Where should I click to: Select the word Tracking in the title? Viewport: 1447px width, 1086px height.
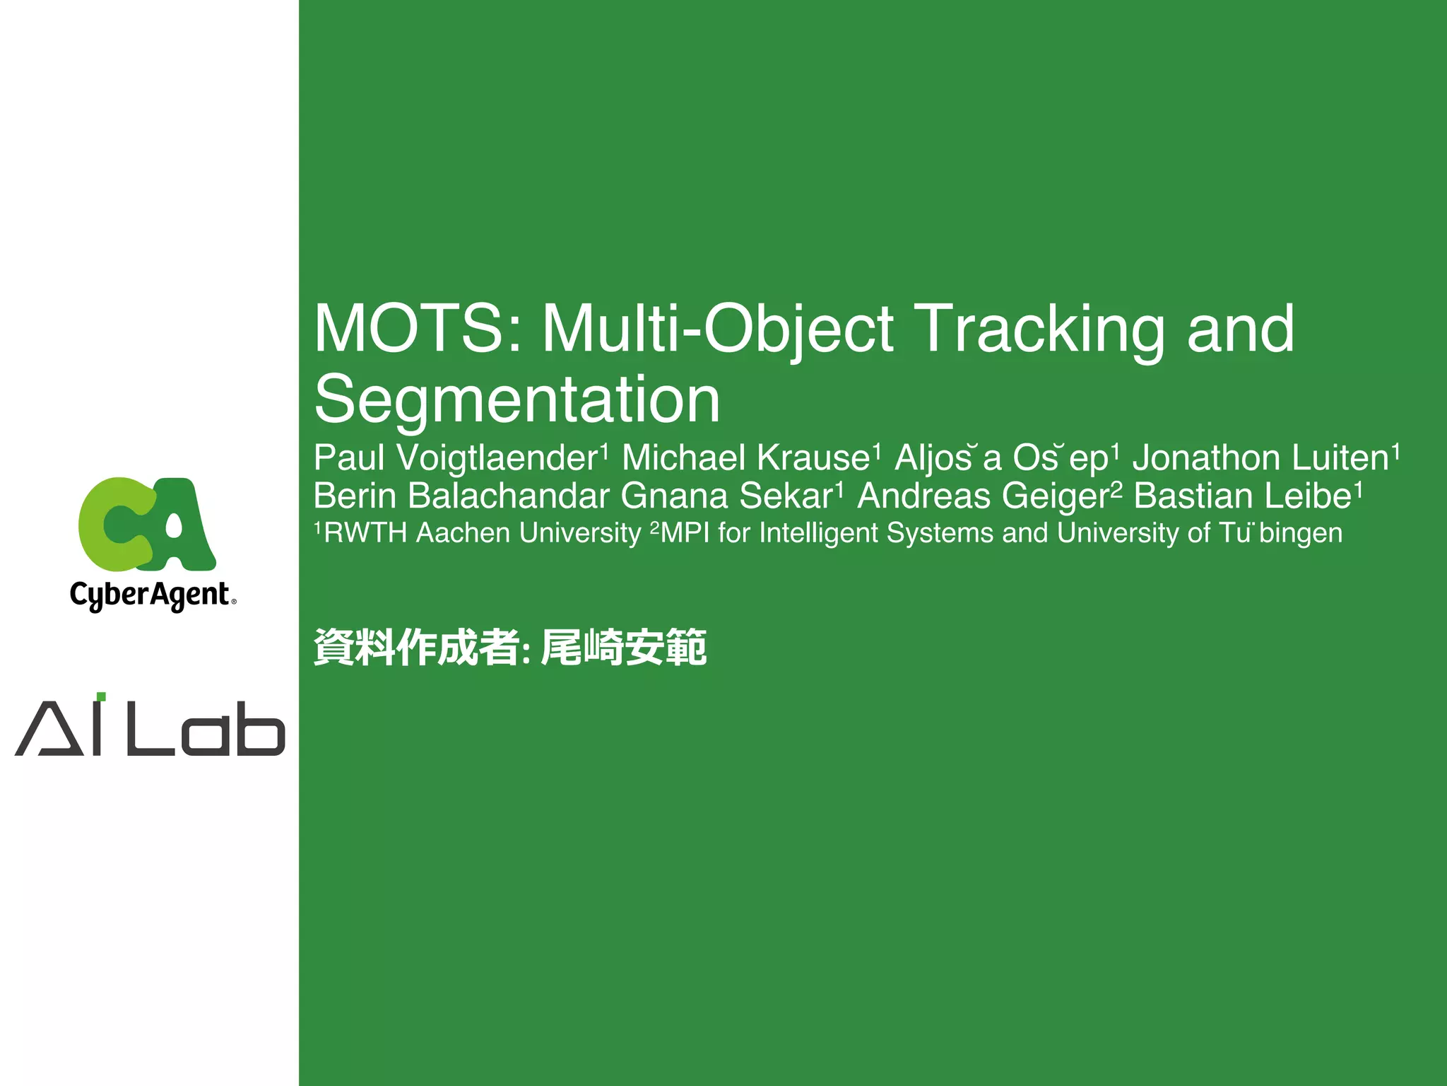1040,329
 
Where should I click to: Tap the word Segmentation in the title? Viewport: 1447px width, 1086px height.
517,400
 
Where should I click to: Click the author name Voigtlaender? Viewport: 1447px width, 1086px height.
497,458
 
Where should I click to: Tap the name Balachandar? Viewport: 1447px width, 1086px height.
509,496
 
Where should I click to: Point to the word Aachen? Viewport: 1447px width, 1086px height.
463,533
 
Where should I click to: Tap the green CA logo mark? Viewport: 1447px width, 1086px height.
147,524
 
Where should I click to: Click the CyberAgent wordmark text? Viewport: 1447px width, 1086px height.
150,595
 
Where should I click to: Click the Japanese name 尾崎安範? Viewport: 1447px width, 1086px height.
623,647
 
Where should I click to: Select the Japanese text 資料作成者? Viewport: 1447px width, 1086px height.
416,647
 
